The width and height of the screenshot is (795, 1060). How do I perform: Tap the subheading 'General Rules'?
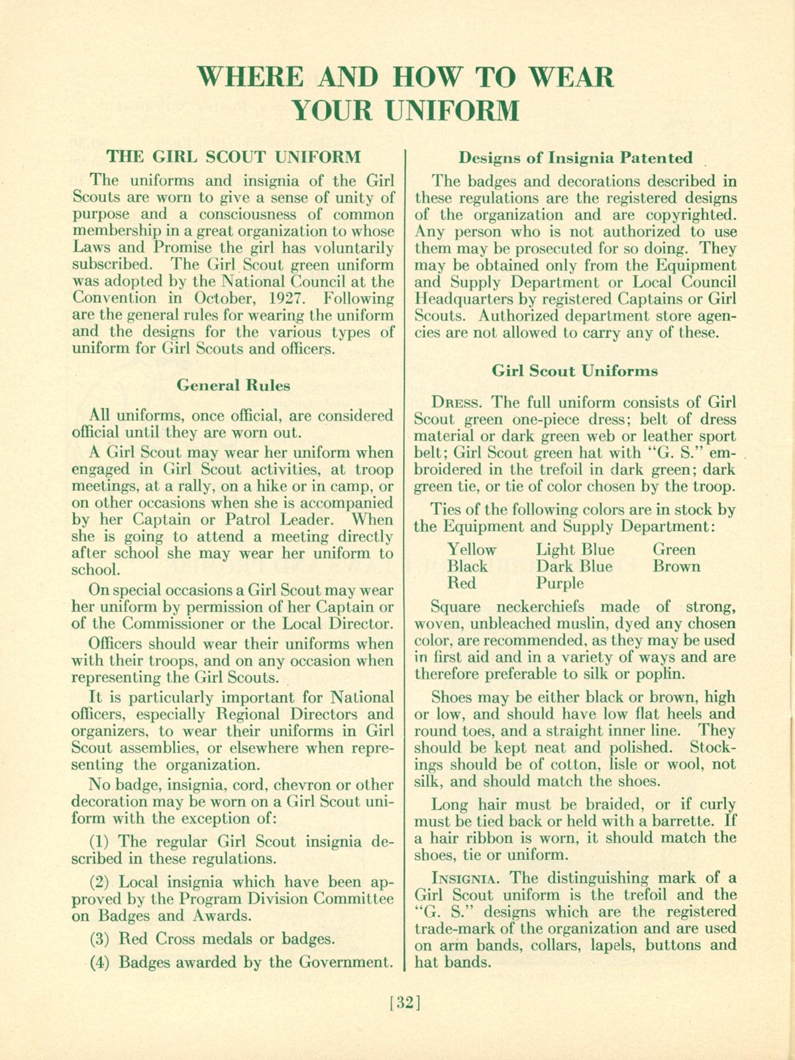pos(233,385)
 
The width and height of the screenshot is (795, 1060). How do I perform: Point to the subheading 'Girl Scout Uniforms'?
pos(575,371)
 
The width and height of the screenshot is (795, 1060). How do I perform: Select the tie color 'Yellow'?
pos(472,550)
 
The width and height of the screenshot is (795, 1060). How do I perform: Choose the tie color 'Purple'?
pos(560,584)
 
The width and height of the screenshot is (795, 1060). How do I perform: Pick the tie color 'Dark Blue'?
pos(574,566)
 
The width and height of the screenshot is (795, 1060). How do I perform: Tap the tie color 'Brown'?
pos(676,566)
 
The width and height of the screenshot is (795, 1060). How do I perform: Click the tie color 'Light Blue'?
pos(575,550)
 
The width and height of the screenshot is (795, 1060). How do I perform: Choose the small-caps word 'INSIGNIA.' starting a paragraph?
pos(467,879)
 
